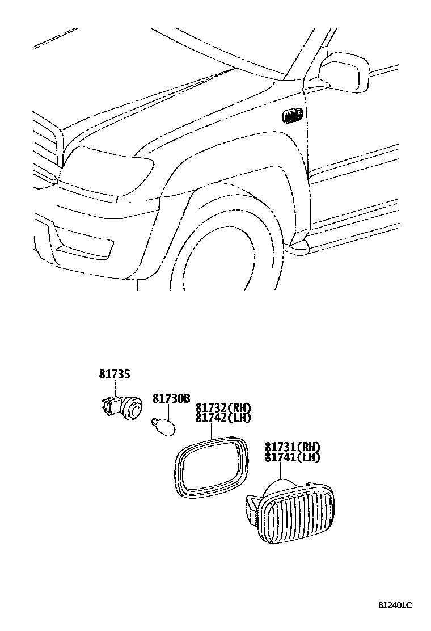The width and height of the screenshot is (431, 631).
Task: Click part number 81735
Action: pyautogui.click(x=115, y=374)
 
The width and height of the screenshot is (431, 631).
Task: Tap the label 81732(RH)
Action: pyautogui.click(x=223, y=408)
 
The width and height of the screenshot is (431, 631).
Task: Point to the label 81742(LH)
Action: pyautogui.click(x=223, y=418)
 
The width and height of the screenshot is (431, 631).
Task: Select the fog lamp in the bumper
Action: pyautogui.click(x=85, y=245)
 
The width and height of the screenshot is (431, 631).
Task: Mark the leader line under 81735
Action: pyautogui.click(x=115, y=388)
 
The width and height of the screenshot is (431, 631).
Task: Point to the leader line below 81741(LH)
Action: pyautogui.click(x=280, y=472)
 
